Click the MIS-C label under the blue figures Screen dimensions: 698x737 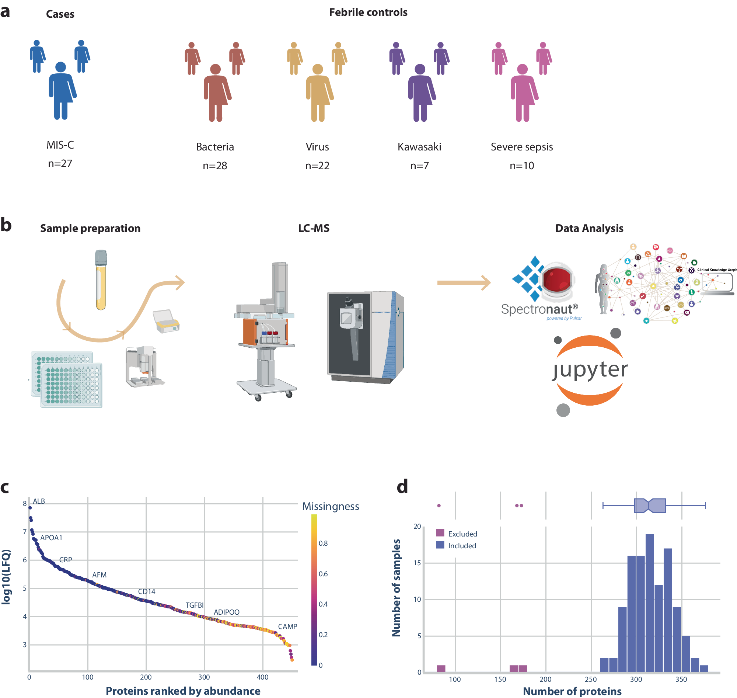pos(60,145)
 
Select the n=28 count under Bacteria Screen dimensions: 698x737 pos(214,166)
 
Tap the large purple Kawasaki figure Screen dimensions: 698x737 pos(420,93)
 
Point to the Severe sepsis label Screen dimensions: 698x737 pos(521,147)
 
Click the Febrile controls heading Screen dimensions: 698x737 pos(368,12)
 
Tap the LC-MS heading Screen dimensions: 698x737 pos(314,228)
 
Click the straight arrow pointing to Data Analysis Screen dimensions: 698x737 pos(463,283)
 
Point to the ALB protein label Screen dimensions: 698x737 pos(39,501)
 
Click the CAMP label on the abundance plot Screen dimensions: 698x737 pos(287,626)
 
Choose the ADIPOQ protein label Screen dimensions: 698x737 pos(227,612)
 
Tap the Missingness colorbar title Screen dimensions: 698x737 pos(330,506)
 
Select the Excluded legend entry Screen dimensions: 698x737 pos(462,534)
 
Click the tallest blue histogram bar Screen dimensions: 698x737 pos(649,603)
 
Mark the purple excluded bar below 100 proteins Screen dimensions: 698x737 pos(441,669)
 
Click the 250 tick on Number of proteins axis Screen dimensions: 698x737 pos(590,680)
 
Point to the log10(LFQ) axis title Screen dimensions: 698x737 pos(6,577)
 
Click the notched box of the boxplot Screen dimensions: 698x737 pos(649,505)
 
